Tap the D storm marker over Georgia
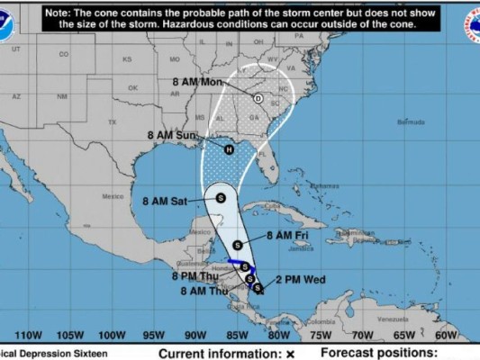(x=258, y=99)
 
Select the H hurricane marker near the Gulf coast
(x=229, y=149)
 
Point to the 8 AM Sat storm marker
(x=220, y=197)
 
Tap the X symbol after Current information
(x=290, y=354)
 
